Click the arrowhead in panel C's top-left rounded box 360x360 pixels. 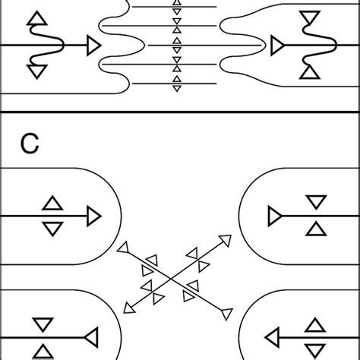(x=93, y=216)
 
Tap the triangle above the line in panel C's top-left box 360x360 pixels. (x=52, y=203)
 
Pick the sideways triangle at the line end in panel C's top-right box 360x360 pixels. (x=275, y=216)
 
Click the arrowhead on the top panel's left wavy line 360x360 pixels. (x=93, y=46)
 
